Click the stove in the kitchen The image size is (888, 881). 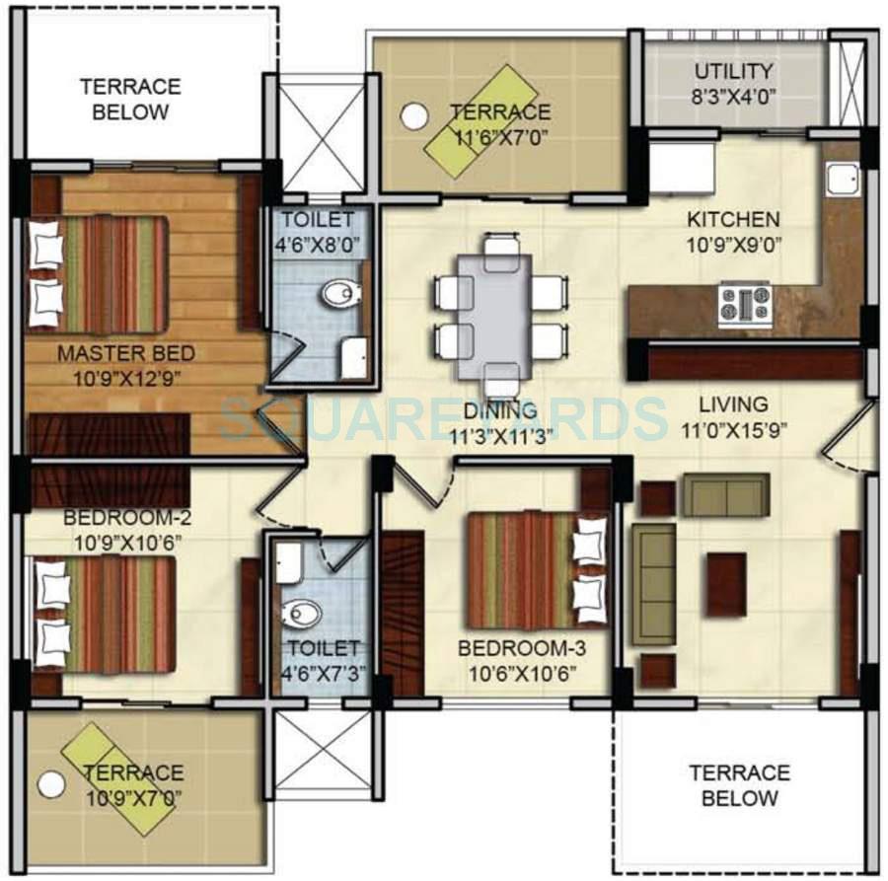pos(744,304)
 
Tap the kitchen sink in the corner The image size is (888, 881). pos(843,181)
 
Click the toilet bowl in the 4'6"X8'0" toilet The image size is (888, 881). pos(341,292)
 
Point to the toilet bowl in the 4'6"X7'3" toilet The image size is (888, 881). pos(301,614)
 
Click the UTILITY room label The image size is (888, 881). pos(733,72)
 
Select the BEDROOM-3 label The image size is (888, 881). pos(516,649)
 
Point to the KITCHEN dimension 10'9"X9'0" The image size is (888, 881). pos(733,244)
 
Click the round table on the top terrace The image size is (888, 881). pos(414,116)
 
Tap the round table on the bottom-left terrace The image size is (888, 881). pos(50,785)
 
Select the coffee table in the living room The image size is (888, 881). pos(726,584)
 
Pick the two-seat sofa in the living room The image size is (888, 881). pos(726,494)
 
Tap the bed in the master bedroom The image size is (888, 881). pos(99,274)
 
